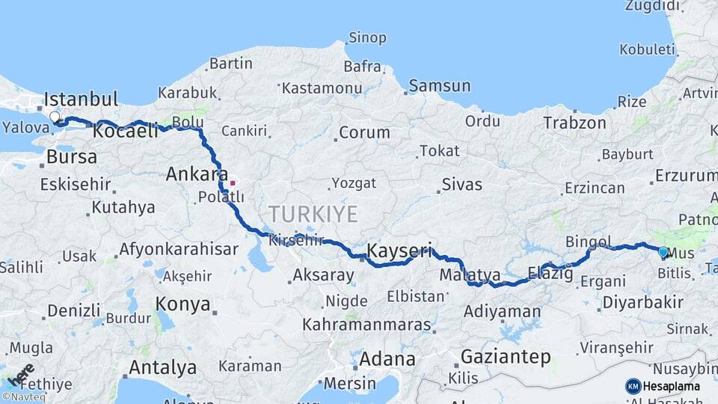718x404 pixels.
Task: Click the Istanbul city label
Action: coord(81,100)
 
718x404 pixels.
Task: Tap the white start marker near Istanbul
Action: coord(55,117)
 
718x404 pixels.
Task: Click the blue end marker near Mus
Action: coord(663,252)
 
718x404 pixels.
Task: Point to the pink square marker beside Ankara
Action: coord(233,182)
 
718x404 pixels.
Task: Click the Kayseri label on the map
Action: coord(399,250)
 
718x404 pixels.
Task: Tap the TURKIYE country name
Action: coord(313,214)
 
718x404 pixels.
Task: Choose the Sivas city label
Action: coord(461,184)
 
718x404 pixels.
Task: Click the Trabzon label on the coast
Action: coord(574,123)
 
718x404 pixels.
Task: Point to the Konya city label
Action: coord(182,304)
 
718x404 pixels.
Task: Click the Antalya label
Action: coord(162,367)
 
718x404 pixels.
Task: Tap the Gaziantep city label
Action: coord(506,356)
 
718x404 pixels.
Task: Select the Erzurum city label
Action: coord(686,175)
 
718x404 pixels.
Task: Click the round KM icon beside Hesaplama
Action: coord(633,386)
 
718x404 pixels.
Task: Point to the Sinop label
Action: coord(367,37)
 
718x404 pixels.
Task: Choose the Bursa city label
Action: coord(72,157)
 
